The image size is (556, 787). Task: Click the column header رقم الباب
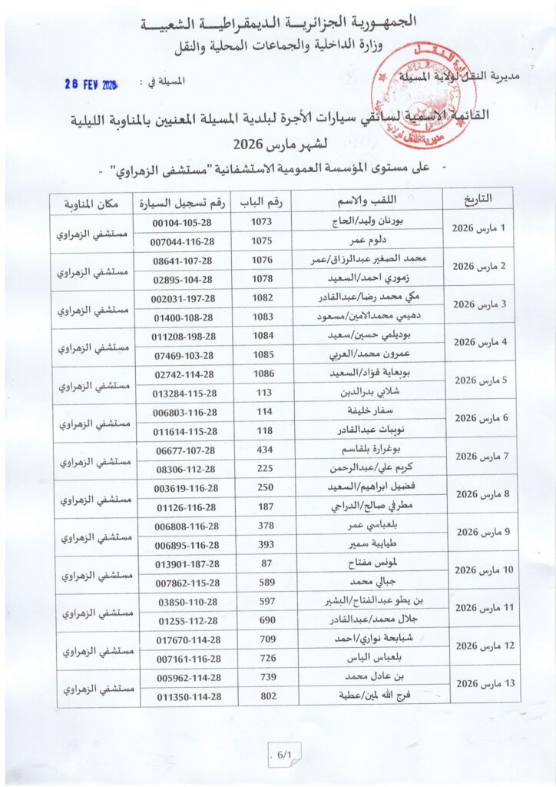click(x=267, y=201)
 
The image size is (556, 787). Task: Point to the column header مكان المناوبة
click(x=93, y=202)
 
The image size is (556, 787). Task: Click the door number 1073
click(x=262, y=221)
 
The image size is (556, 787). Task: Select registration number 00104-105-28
click(x=183, y=222)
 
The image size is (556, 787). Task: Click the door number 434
click(x=262, y=449)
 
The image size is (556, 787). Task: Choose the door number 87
click(x=262, y=563)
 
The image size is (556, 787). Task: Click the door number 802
click(x=262, y=696)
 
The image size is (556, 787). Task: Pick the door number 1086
click(x=262, y=373)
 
